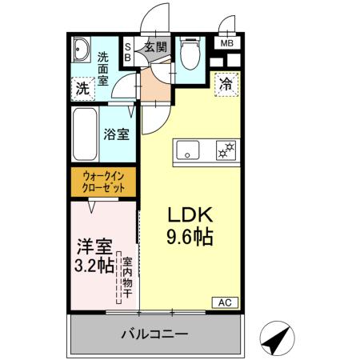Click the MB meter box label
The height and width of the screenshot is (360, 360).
coord(226,44)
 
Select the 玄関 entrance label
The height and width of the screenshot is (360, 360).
coord(155,47)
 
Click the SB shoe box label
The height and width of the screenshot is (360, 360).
coord(127,54)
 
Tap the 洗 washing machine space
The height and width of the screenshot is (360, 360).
coord(82,89)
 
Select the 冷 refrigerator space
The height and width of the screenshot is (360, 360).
coord(226,83)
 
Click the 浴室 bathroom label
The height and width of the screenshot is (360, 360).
coord(116,134)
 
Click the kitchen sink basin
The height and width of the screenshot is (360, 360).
coord(189,150)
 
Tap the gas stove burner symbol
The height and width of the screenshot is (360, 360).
coord(226,150)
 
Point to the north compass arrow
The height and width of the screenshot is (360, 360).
coord(277,339)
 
